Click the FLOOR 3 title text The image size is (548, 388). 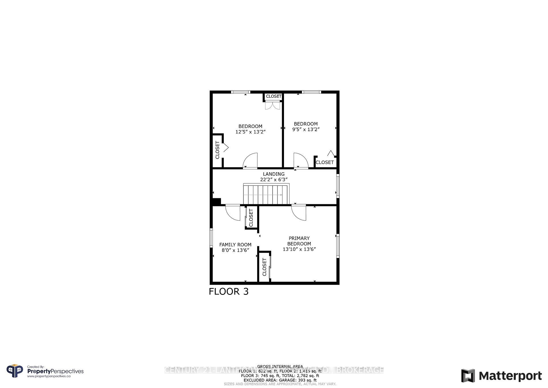(229, 291)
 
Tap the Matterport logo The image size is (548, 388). (501, 376)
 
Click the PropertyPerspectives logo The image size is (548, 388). (45, 371)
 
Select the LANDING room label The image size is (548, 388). (273, 174)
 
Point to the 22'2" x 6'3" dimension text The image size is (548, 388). (273, 179)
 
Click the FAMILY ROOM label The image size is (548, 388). (235, 245)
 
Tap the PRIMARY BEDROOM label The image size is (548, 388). (299, 241)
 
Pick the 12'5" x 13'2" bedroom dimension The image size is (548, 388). (250, 132)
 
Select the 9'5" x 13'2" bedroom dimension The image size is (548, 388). (306, 129)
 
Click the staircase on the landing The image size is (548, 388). (266, 194)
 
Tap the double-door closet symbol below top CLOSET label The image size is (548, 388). (273, 106)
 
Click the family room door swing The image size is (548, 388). (233, 213)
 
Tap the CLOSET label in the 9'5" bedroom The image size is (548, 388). (325, 162)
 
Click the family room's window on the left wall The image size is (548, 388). (211, 237)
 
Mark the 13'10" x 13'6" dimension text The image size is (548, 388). (299, 249)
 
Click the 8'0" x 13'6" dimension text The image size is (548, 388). (235, 250)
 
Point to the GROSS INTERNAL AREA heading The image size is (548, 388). (280, 367)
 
